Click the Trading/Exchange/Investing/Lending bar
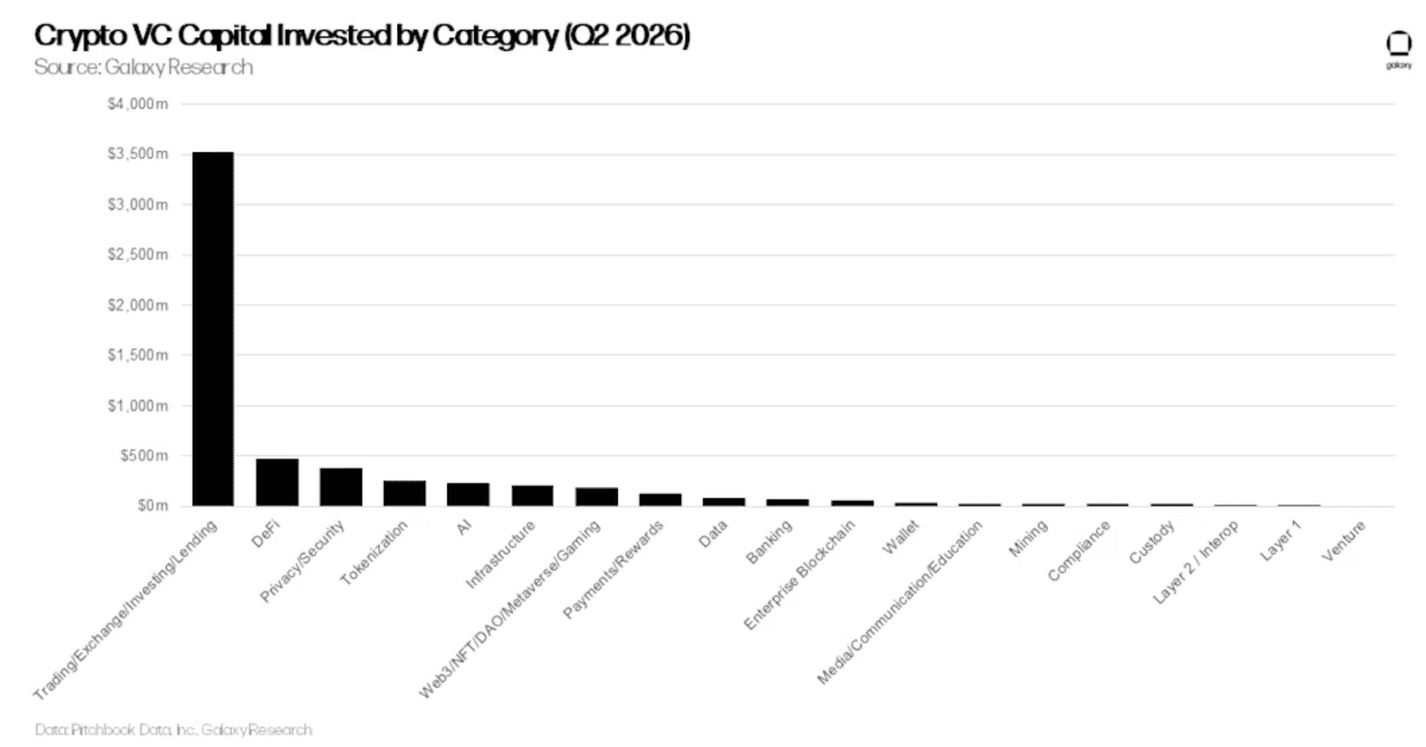pyautogui.click(x=213, y=328)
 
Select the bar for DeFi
pyautogui.click(x=277, y=482)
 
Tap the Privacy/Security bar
pyautogui.click(x=341, y=487)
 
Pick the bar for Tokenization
pyautogui.click(x=405, y=493)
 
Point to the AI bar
pyautogui.click(x=468, y=494)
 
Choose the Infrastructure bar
pyautogui.click(x=532, y=495)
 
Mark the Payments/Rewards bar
pyautogui.click(x=660, y=499)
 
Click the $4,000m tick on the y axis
pyautogui.click(x=137, y=104)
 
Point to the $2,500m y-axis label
pyautogui.click(x=137, y=254)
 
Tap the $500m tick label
pyautogui.click(x=144, y=456)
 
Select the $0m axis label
pyautogui.click(x=153, y=505)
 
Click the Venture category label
pyautogui.click(x=1343, y=540)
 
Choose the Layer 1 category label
pyautogui.click(x=1281, y=541)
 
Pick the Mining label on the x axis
pyautogui.click(x=1028, y=538)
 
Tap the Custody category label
pyautogui.click(x=1152, y=542)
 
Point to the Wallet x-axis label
pyautogui.click(x=901, y=538)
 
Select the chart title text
pyautogui.click(x=362, y=35)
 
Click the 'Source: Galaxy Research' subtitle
pyautogui.click(x=143, y=67)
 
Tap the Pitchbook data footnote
pyautogui.click(x=173, y=730)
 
